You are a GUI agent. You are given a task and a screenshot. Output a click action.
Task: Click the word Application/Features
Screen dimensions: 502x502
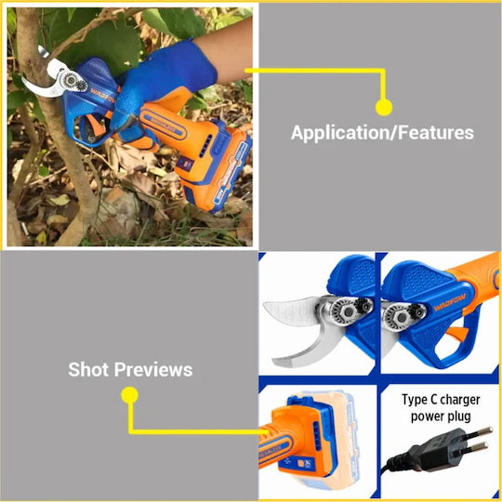point(382,133)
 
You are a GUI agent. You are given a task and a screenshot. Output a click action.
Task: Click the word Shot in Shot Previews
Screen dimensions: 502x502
point(88,369)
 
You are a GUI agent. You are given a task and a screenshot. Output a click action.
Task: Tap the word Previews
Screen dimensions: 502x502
point(153,369)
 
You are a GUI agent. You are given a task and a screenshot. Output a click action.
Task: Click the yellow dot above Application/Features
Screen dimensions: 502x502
point(384,107)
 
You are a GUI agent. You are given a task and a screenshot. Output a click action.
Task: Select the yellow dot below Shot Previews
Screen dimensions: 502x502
point(129,395)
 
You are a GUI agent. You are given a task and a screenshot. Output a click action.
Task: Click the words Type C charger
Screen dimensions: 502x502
point(441,400)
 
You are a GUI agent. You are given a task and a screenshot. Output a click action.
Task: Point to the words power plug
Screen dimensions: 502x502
point(441,416)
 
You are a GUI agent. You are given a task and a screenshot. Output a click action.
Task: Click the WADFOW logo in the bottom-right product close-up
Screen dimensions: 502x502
point(449,302)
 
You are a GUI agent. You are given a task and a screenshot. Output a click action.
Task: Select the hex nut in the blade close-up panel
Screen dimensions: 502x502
point(346,310)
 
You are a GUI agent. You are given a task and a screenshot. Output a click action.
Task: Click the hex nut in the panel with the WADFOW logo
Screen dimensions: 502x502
point(401,317)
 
